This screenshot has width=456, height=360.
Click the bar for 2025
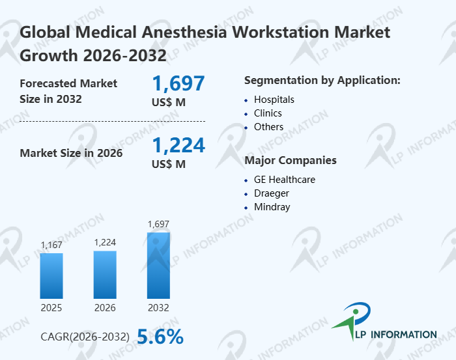tap(51, 275)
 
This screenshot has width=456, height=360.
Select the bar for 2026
tap(105, 274)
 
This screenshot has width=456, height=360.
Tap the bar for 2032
tap(158, 266)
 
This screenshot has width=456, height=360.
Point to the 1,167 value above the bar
tap(51, 245)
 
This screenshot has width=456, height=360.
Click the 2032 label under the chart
tap(159, 307)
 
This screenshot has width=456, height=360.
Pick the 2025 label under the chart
tap(51, 307)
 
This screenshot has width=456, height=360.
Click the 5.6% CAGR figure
tap(160, 336)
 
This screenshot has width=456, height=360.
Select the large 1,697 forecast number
tap(178, 83)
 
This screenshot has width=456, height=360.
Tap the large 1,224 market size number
tap(178, 145)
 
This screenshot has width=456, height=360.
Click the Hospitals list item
tap(274, 100)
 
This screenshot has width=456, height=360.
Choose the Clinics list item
tap(268, 113)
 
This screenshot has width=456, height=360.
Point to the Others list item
tap(268, 127)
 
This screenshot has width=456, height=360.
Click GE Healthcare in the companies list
tap(285, 180)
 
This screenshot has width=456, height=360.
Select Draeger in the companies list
tap(272, 193)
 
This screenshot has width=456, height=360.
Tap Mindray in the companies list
tap(272, 207)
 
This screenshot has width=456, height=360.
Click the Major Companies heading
tap(290, 160)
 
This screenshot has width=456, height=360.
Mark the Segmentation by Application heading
tap(322, 80)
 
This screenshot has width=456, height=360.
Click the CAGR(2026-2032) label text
tap(85, 337)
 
